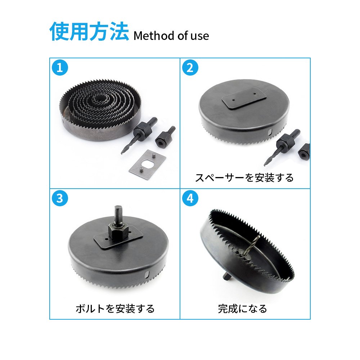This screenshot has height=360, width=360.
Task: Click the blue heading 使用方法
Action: (89, 31)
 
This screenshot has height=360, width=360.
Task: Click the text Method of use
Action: (171, 36)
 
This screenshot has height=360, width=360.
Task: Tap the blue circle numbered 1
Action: (60, 68)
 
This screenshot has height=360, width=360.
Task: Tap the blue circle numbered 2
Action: (190, 68)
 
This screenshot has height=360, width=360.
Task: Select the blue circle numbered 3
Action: (60, 198)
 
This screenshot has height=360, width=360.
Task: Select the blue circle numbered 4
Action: (190, 198)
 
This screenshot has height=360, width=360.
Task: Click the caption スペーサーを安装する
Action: (244, 178)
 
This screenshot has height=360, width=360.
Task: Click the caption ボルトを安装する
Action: (115, 309)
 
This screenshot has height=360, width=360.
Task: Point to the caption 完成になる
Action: (242, 309)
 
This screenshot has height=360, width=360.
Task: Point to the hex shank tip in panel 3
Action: (118, 208)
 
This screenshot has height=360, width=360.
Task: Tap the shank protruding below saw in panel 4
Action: (226, 276)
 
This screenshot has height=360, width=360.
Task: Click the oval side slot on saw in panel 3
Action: (147, 274)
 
